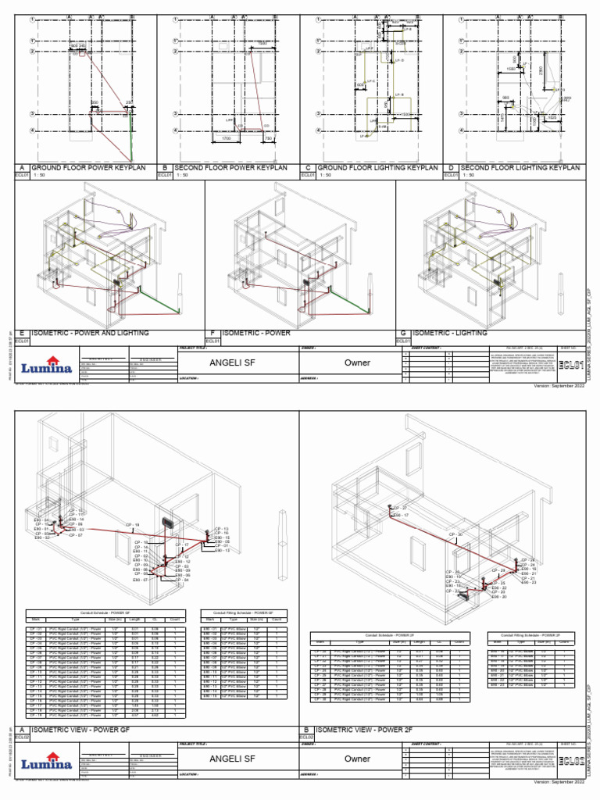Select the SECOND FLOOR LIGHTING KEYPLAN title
click(520, 168)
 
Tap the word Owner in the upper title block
click(358, 362)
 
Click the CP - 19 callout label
click(132, 524)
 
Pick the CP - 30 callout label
click(455, 534)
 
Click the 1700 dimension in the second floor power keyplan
click(226, 138)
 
